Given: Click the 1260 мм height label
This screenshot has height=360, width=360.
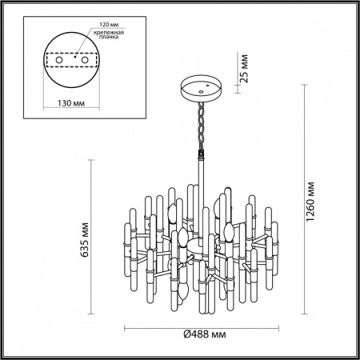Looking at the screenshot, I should coord(320,206).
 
